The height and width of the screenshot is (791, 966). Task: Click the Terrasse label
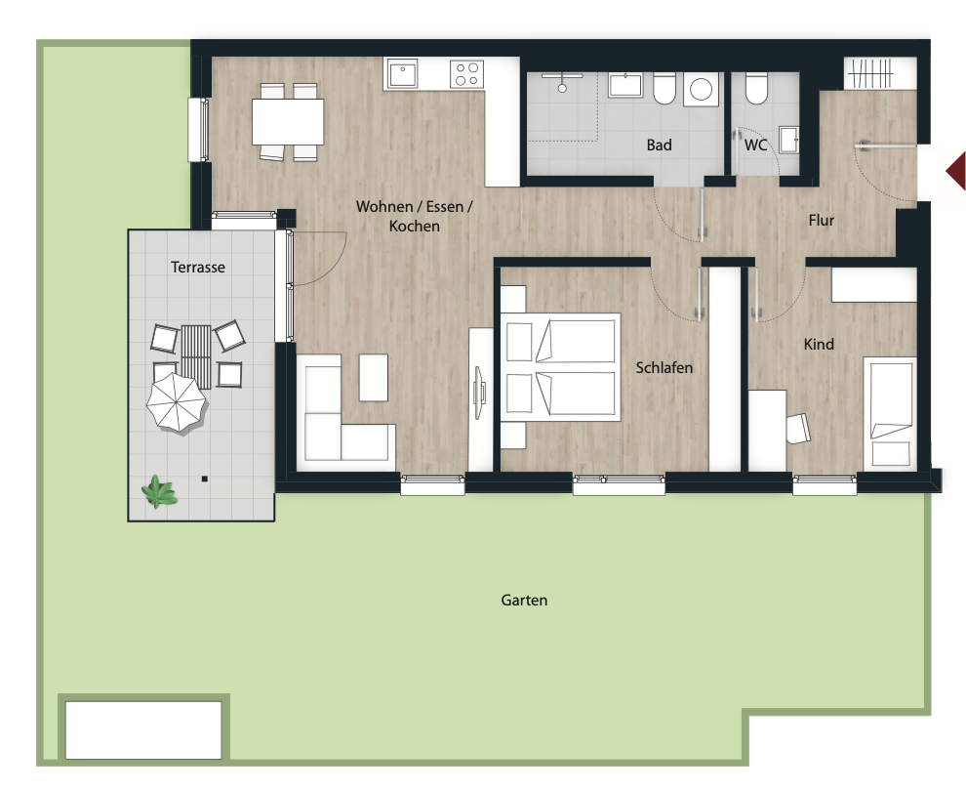coord(198,267)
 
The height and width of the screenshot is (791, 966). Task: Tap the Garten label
coord(524,600)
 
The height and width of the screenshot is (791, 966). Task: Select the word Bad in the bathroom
coord(660,145)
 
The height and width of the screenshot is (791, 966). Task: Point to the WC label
coord(756,145)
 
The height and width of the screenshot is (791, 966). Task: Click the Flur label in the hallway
coord(822,220)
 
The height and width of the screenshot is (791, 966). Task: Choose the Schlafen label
coord(664,367)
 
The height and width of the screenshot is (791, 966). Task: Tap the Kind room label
coord(819,344)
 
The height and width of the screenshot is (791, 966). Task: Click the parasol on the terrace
coord(177,402)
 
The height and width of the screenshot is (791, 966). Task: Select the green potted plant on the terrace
coord(159,491)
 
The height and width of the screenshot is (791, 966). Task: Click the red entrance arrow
coord(956,172)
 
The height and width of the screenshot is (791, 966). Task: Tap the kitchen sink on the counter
coord(402,74)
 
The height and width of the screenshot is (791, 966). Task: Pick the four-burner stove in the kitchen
coord(467,74)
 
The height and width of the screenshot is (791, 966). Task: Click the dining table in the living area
coord(288,122)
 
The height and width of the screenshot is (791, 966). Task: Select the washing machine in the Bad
coord(702,90)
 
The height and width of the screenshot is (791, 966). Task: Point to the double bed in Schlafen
coord(560,367)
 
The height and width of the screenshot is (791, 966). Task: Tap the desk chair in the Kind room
coord(798,428)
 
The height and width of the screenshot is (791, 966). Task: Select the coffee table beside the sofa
coord(374,377)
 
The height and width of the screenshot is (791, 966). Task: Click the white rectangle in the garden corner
coord(143,729)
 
